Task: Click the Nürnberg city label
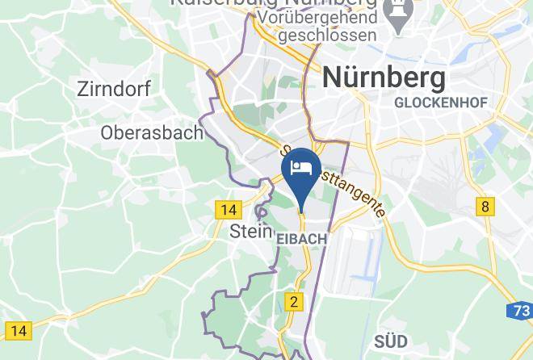click(384, 78)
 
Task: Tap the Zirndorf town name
click(114, 89)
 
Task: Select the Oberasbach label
click(152, 132)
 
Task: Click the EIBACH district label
click(302, 240)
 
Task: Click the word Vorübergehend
click(328, 16)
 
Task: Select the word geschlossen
click(328, 36)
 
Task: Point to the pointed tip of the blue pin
click(301, 211)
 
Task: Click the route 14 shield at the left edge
click(18, 329)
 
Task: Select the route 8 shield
click(485, 207)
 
